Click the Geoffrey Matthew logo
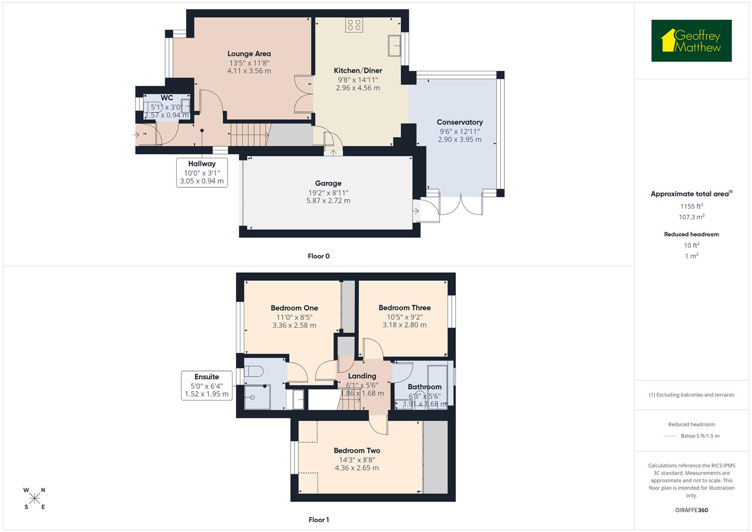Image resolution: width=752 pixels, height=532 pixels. [x=691, y=41]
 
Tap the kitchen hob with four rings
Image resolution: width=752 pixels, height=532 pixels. [x=354, y=25]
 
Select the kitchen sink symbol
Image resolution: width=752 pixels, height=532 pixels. [x=394, y=46]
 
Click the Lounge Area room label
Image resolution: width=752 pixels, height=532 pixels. [x=249, y=54]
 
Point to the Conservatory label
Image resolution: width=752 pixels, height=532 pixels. [x=459, y=122]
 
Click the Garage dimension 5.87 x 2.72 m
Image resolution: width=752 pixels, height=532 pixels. [x=328, y=201]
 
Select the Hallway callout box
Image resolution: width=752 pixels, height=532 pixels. [x=202, y=172]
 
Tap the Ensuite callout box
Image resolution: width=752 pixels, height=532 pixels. [x=206, y=385]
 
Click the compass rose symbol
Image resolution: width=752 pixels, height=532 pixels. [x=34, y=499]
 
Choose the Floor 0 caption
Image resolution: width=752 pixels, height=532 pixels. [x=319, y=256]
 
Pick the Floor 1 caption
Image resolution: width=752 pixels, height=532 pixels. [x=319, y=520]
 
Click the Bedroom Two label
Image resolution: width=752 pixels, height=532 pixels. [x=357, y=450]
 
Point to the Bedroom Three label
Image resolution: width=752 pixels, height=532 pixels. [x=404, y=307]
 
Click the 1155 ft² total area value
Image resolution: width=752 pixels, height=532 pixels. [x=691, y=206]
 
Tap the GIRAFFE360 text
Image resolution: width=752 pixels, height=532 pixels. [x=691, y=510]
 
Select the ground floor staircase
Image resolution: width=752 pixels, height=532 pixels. [x=249, y=134]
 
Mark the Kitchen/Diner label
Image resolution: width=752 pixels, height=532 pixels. [x=358, y=70]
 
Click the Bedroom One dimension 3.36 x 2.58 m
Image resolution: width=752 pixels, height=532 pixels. [x=294, y=325]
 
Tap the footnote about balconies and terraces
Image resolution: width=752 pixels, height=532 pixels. [x=691, y=395]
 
